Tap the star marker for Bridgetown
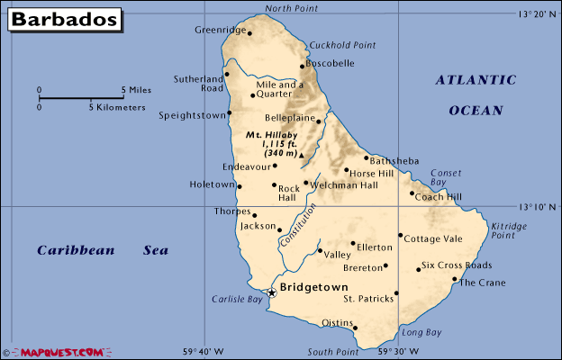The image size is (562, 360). pos(272,292)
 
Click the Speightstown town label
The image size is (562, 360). pos(192,115)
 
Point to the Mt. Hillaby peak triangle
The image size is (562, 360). pos(301,156)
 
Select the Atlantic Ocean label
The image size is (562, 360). pos(476,94)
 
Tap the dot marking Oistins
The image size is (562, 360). pos(356,328)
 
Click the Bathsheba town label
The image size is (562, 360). pos(394,160)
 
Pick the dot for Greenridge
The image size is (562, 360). pos(249,34)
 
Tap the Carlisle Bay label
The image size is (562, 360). pos(237,298)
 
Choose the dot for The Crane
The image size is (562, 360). pos(455,279)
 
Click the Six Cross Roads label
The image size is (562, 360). pos(457,265)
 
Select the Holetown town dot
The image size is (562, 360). pos(239,185)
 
